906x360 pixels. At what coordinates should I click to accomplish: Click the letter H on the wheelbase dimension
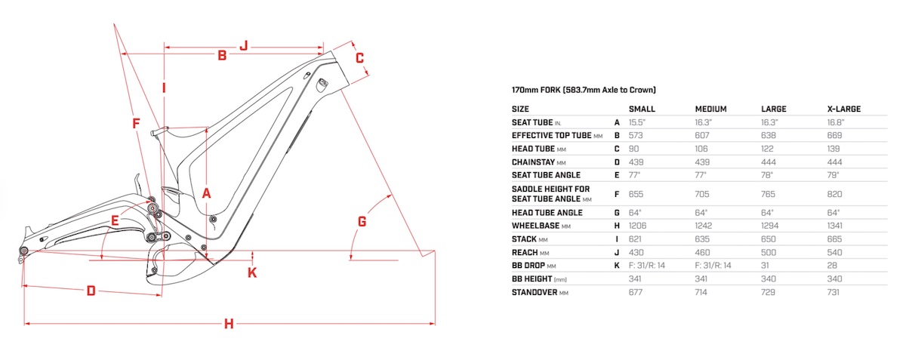[x=229, y=324]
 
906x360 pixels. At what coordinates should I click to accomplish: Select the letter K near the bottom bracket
[x=252, y=272]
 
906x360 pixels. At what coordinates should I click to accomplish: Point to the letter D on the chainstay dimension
[x=91, y=291]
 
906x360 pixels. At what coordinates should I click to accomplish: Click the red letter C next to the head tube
[x=360, y=57]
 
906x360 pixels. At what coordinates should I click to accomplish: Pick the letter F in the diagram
[x=136, y=122]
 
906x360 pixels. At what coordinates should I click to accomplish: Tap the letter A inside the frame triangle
[x=206, y=193]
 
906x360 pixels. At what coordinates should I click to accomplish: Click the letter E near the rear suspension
[x=116, y=220]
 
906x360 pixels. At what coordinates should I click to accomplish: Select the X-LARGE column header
[x=844, y=109]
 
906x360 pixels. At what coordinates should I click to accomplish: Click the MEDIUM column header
[x=710, y=109]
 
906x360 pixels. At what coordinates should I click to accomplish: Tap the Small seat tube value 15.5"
[x=639, y=122]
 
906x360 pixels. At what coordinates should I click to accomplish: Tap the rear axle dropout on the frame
[x=23, y=251]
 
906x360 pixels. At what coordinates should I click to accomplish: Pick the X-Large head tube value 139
[x=834, y=148]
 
